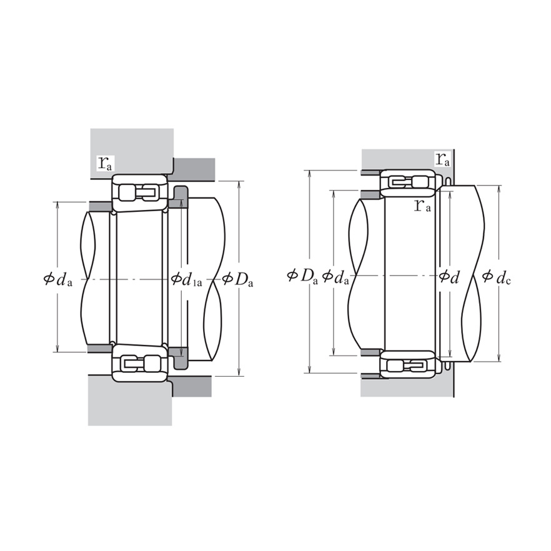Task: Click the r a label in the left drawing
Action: coord(105,164)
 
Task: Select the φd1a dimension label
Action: coord(186,280)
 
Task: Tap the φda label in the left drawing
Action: coord(58,280)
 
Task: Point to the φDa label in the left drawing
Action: coord(238,280)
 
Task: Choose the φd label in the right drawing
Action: coord(449,275)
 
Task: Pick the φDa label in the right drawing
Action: coord(302,275)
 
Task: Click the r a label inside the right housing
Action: coord(442,159)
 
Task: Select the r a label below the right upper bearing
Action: coord(423,205)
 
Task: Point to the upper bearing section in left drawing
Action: coord(139,192)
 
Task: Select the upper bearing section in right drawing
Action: coord(409,182)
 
